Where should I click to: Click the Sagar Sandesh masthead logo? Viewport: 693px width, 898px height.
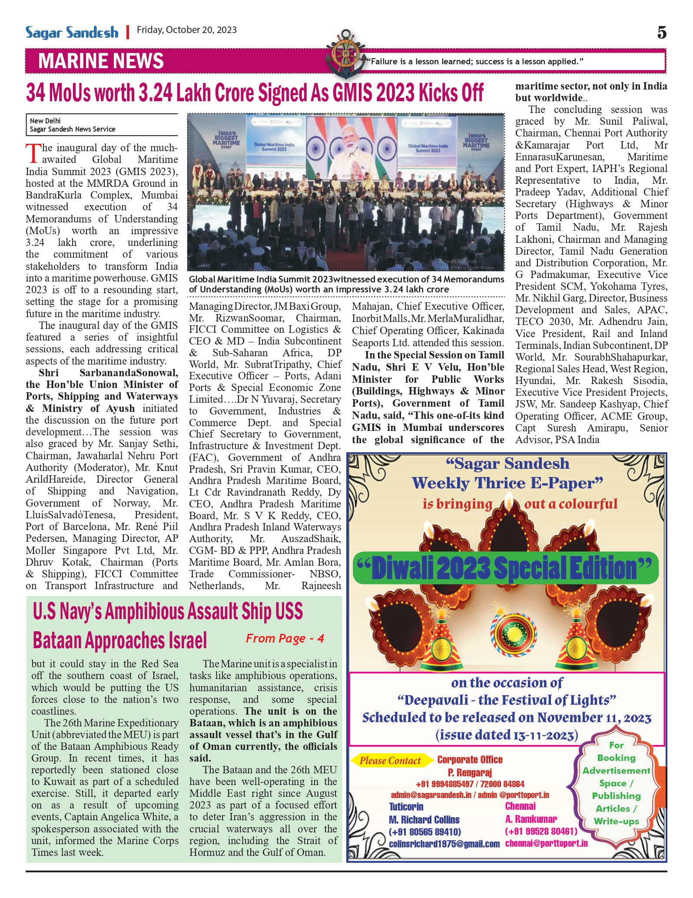pos(72,33)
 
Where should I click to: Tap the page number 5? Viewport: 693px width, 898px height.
pos(661,33)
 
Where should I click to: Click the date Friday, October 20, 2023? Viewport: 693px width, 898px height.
pos(187,30)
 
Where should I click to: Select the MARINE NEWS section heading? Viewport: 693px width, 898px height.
pos(101,61)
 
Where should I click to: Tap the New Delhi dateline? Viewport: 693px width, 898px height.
pos(45,121)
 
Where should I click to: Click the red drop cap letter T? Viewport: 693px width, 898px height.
pos(33,154)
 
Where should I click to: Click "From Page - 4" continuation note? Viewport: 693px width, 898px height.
pos(285,638)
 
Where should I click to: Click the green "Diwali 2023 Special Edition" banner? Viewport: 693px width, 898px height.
pos(505,568)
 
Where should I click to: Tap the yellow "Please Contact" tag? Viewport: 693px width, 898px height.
pos(390,760)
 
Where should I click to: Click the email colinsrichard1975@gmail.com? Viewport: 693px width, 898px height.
pos(444,844)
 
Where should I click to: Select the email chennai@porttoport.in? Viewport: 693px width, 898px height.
pos(546,843)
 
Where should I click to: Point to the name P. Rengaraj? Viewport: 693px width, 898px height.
pos(470,772)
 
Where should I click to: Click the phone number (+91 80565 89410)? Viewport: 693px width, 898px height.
pos(425,832)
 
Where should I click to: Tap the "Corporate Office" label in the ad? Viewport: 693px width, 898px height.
pos(470,759)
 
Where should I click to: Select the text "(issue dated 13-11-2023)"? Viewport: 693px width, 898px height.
pos(507,735)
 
